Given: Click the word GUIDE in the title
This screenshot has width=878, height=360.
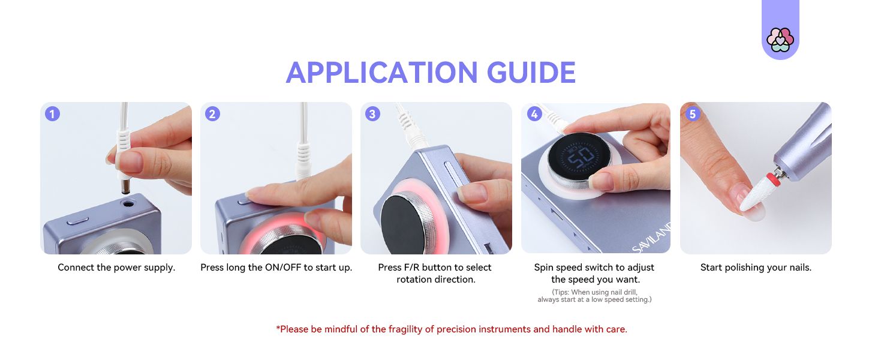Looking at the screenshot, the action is point(531,73).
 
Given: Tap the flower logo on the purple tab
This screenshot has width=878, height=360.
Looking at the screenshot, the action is point(780,40).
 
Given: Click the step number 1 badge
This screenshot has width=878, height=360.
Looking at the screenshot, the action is point(53,114).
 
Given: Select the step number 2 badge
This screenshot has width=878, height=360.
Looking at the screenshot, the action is point(212,114).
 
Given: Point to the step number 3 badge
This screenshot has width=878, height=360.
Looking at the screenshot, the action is point(372,114).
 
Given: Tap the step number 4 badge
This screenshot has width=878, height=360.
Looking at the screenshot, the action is point(534,114).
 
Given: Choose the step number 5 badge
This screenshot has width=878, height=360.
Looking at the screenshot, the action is point(693,114).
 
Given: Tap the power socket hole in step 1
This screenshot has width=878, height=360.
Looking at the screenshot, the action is point(128,203).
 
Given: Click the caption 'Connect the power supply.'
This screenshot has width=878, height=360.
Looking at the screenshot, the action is point(116,268).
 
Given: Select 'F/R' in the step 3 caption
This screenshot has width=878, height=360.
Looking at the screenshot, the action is point(411,268).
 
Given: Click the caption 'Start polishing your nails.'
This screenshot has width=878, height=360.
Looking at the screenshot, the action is point(756,268).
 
